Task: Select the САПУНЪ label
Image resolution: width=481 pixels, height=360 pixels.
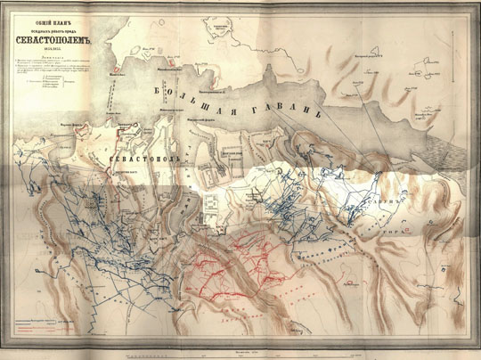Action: (401, 200)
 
